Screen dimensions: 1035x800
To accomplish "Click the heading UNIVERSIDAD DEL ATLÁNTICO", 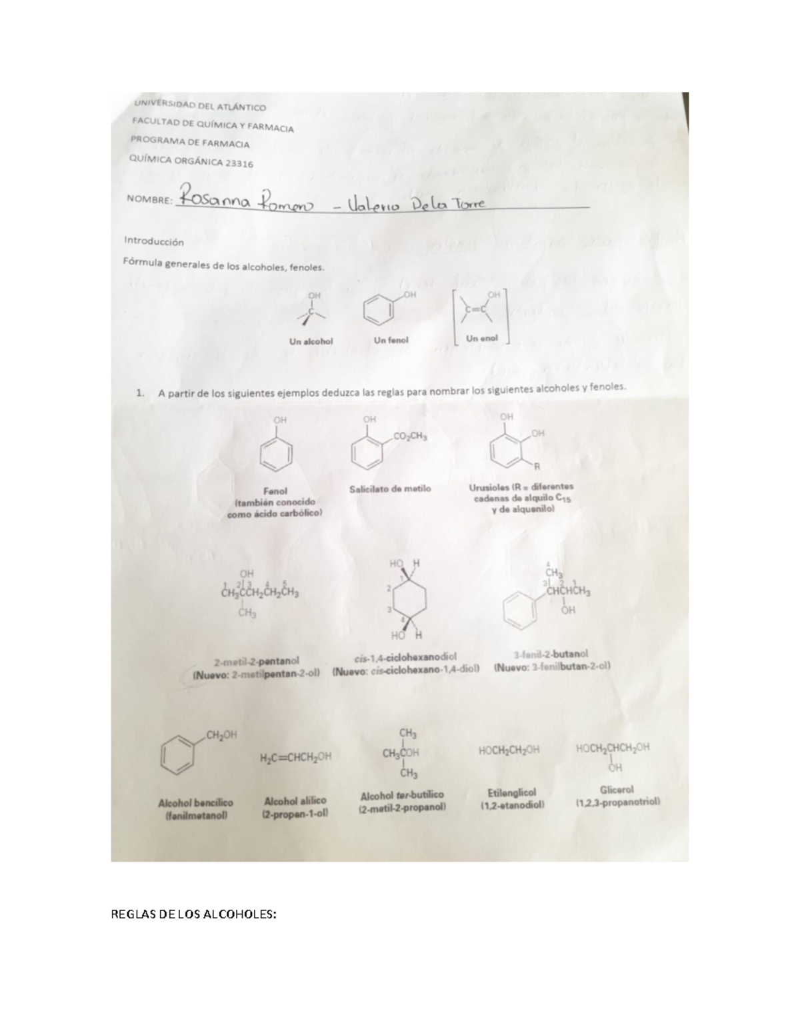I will (199, 106).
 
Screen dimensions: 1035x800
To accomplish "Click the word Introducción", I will (153, 243).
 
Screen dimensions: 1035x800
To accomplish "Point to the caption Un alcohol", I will (311, 341).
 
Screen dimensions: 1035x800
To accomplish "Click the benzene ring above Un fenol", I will (379, 310).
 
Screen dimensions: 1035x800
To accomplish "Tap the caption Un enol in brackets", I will (481, 338).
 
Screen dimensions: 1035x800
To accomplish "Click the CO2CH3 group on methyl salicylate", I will (410, 437).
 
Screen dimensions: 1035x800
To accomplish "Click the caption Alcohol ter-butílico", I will (401, 795).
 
